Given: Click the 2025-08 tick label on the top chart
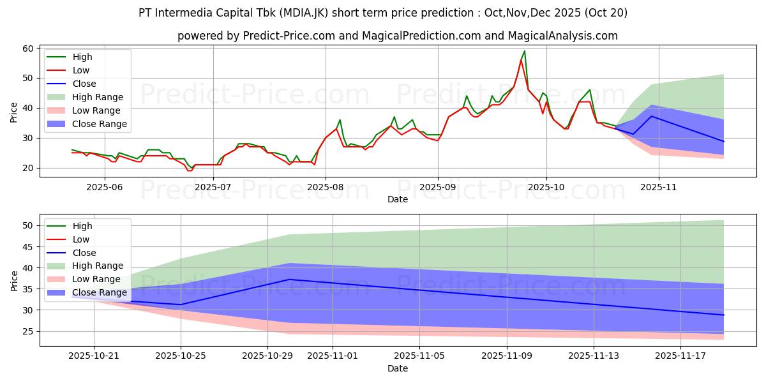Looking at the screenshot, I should point(325,186).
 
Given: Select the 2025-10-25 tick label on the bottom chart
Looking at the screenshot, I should point(181,356).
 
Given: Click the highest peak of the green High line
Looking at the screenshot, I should point(524,51).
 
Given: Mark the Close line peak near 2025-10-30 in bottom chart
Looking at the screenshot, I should point(289,280).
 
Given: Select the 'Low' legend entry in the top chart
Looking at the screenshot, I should point(81,70).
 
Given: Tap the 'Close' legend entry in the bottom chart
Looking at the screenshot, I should point(84,253).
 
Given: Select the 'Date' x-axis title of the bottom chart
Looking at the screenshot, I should point(398,368).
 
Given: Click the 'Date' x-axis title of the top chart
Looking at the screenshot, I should point(398,199).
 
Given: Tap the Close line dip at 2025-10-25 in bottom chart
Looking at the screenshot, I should point(181,304).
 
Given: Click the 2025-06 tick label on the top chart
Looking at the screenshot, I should point(104,186).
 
